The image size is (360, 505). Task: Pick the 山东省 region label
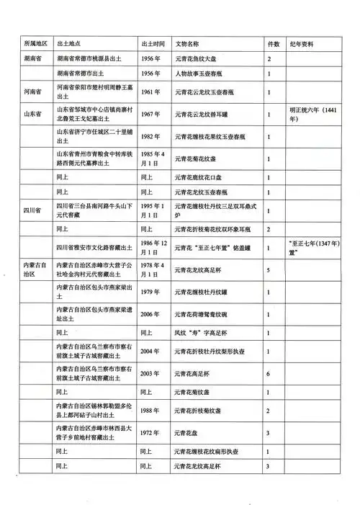pos(31,114)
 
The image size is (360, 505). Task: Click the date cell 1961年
pos(153,92)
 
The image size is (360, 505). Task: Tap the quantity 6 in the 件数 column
pos(269,374)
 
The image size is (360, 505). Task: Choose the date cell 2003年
pos(153,374)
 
